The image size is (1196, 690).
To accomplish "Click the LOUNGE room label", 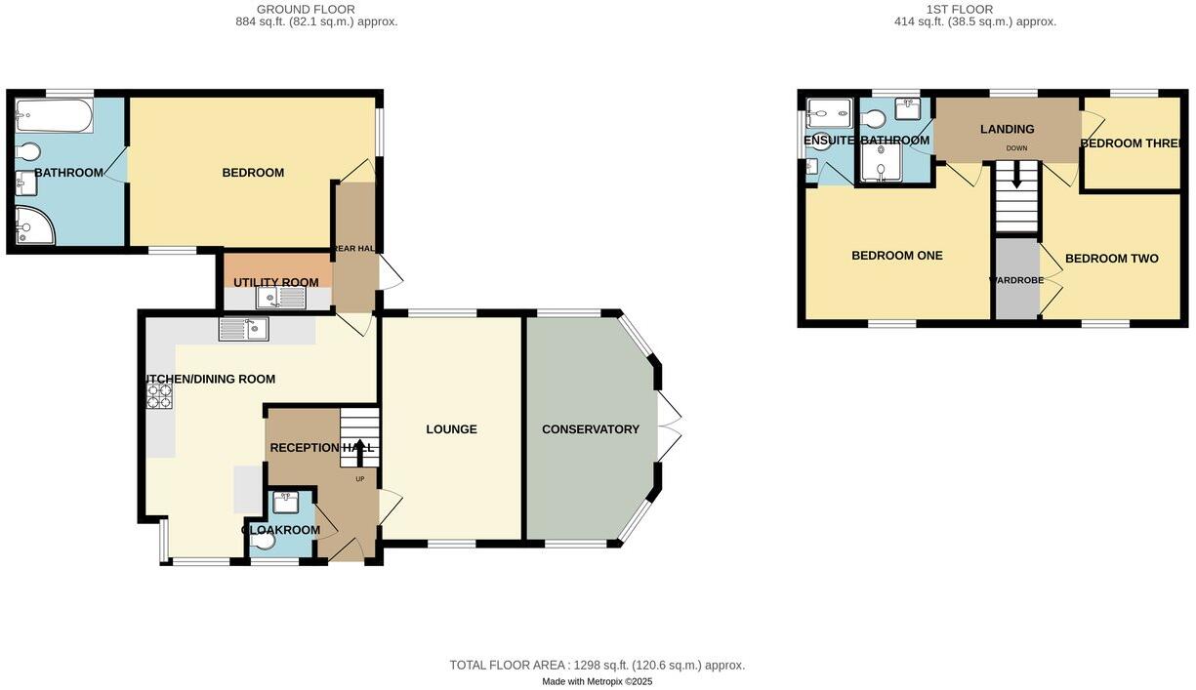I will (x=451, y=429).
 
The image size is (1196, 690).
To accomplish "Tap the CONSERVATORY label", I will (x=591, y=429).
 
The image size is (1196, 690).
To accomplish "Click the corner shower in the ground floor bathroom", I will (x=35, y=225).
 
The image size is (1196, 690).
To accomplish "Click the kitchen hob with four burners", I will (x=159, y=395).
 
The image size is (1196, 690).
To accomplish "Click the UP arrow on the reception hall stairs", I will (x=358, y=451).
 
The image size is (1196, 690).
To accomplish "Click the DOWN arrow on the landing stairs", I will (x=1016, y=176).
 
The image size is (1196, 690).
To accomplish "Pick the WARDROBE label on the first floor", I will (x=1016, y=280).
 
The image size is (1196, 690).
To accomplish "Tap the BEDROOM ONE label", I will (x=896, y=256).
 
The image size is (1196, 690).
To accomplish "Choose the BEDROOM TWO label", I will (x=1111, y=259).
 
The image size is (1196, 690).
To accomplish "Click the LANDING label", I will (x=1007, y=129).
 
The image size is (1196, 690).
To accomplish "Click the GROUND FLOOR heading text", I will (x=306, y=10).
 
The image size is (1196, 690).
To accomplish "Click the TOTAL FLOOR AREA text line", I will (x=597, y=665).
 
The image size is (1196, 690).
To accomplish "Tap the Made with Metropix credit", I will (x=597, y=681).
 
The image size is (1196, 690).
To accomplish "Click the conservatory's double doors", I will (x=669, y=426).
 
